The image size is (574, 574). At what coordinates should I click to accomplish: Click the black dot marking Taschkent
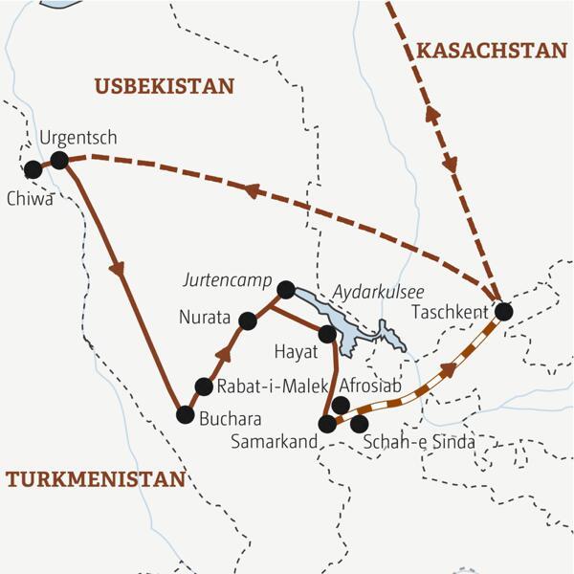tap(503, 311)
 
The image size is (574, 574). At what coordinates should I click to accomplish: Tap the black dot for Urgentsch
tap(59, 160)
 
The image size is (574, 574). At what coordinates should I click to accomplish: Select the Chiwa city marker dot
tap(33, 169)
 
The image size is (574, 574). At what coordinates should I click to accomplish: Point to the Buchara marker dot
tap(186, 414)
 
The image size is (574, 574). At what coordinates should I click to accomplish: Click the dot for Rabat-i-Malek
tap(203, 386)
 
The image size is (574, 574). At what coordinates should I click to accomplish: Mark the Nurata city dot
tap(248, 321)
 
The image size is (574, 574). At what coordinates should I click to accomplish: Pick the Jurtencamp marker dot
tap(284, 288)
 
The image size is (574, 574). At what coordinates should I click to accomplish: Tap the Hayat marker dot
tap(326, 334)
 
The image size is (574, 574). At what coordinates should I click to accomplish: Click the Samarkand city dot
tap(328, 423)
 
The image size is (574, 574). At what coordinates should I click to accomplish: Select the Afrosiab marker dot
tap(341, 405)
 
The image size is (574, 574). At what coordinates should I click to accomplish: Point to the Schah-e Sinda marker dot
tap(360, 423)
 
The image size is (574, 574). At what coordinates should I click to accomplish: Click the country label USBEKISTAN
tap(164, 87)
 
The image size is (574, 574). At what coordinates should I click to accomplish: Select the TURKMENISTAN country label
tap(95, 480)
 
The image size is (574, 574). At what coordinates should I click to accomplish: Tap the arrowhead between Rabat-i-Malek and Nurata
tap(225, 355)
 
